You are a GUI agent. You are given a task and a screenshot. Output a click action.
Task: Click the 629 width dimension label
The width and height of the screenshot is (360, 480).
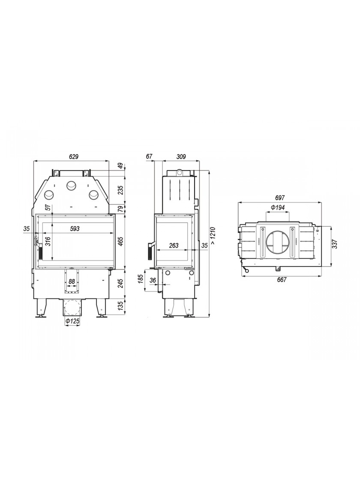[x=74, y=157]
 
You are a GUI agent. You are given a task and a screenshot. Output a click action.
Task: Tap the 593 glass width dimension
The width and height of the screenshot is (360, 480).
[x=75, y=229]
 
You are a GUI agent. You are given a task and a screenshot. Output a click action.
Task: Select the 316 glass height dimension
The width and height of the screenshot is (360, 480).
[x=48, y=241]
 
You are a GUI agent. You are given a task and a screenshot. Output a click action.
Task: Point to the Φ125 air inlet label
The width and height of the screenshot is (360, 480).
[x=72, y=321]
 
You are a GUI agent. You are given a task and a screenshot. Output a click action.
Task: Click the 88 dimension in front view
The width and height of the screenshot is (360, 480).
[x=72, y=281]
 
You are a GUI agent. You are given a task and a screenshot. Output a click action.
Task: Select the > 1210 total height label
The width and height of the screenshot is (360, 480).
[x=214, y=235]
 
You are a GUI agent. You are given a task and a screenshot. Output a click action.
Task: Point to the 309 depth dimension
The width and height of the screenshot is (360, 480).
[x=181, y=157]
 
